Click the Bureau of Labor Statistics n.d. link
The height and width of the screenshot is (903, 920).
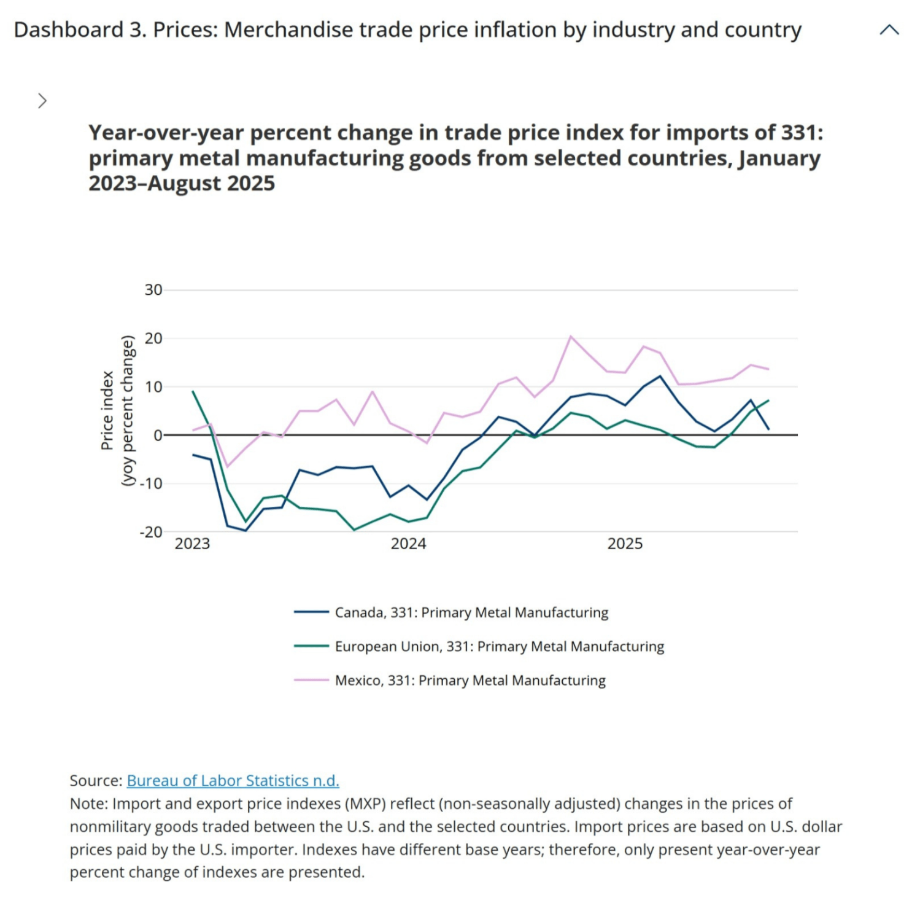[x=233, y=780]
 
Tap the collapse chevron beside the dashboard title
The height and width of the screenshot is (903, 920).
[x=889, y=30]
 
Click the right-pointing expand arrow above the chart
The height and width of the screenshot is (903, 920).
[x=42, y=101]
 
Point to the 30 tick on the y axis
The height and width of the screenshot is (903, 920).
[x=153, y=290]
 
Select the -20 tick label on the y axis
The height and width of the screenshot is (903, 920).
[x=151, y=532]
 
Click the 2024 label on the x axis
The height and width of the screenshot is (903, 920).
[x=408, y=544]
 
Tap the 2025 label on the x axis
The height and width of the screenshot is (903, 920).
[x=625, y=544]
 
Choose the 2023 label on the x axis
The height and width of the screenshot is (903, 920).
[x=192, y=544]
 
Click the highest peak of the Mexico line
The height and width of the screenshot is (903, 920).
[x=571, y=336]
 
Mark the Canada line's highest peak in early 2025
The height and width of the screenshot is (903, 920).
[x=660, y=376]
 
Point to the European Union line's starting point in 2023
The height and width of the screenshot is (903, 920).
[x=193, y=391]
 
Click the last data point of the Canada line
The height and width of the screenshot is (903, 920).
[x=768, y=429]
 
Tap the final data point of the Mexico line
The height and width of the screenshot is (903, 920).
[x=768, y=369]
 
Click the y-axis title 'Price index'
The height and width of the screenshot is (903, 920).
[x=107, y=410]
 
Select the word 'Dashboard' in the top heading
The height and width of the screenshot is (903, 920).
[x=69, y=30]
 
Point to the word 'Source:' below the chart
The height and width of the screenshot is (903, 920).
[x=96, y=780]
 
